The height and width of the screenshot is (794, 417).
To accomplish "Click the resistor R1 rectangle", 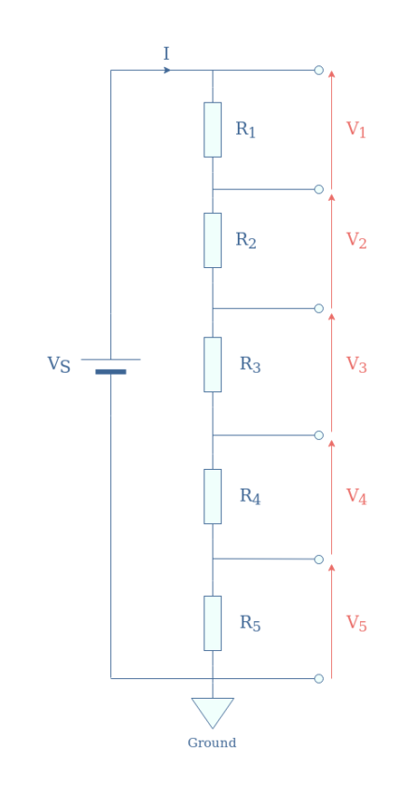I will tap(213, 130).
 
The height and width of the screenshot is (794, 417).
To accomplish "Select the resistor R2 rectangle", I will tap(213, 240).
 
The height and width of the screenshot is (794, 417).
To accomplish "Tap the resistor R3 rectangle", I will tap(213, 364).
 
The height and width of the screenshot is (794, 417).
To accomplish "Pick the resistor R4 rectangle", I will tap(213, 496).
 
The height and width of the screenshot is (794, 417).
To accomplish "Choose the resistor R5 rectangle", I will tap(213, 623).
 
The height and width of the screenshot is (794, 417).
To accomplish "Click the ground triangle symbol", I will tap(213, 711).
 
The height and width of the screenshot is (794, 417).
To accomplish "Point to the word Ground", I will tap(212, 744).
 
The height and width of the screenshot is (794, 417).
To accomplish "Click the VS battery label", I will tap(59, 364).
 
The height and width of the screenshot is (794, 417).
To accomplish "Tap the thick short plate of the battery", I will tap(110, 372).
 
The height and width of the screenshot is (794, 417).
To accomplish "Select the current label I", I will tap(166, 54).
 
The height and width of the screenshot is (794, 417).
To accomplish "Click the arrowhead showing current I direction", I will tap(167, 70).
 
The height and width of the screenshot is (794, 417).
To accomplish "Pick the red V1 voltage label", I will tap(356, 130).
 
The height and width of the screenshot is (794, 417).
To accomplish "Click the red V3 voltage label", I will tap(356, 364).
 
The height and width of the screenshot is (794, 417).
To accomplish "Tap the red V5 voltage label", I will tap(356, 623).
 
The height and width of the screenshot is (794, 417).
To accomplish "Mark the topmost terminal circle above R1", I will tap(318, 70).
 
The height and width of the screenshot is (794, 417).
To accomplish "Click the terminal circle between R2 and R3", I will tap(318, 308).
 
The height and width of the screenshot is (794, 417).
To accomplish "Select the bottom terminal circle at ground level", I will tap(318, 678).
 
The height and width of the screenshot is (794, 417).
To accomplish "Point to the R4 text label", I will tap(250, 496).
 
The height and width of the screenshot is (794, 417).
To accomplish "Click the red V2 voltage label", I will tap(356, 241).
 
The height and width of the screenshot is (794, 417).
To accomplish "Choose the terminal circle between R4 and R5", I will tap(318, 560).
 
